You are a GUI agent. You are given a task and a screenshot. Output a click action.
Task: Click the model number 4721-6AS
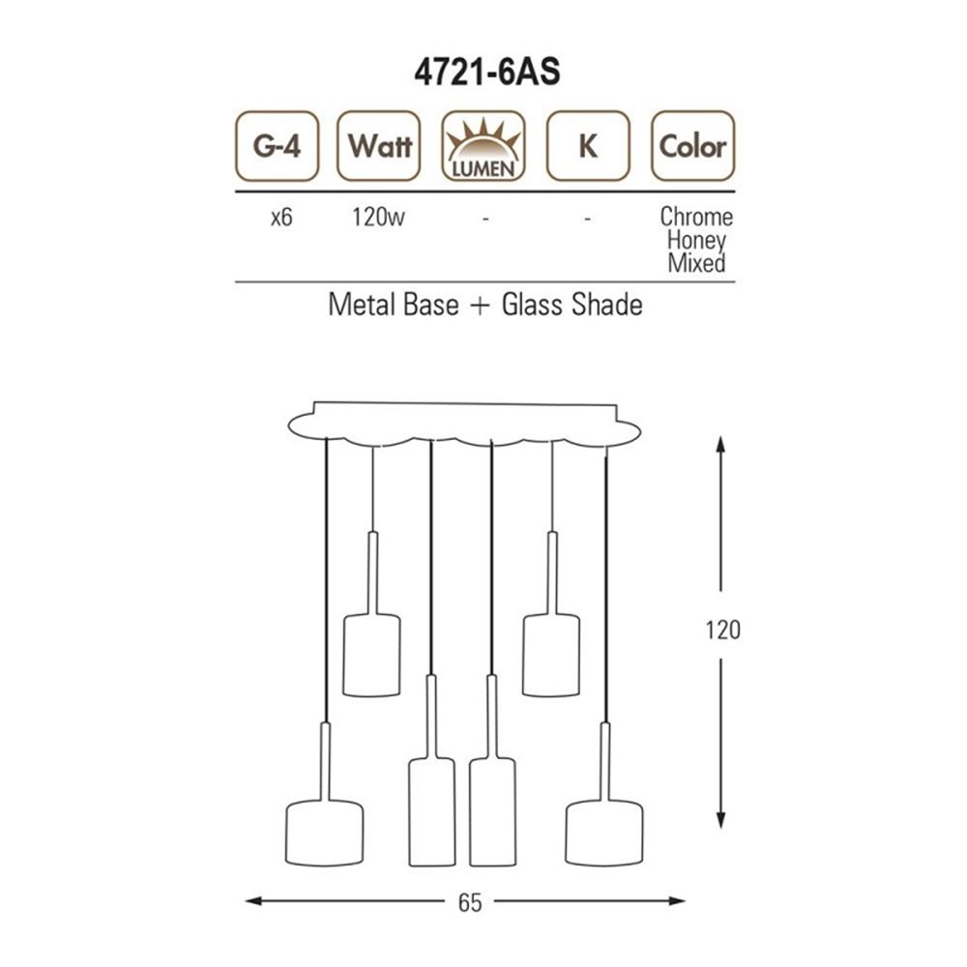coord(486,73)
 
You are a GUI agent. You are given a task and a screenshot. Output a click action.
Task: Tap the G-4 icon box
coord(277,146)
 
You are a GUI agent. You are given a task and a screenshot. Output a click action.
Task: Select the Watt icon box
coord(379,146)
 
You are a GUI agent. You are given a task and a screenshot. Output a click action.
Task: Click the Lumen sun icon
coord(483,146)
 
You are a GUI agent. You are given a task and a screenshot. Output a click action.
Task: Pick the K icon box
coord(588,146)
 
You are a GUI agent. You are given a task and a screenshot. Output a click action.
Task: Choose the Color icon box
coord(693,146)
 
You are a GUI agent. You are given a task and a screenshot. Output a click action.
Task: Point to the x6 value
coord(281,218)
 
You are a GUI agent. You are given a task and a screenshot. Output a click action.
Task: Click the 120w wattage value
coord(378,217)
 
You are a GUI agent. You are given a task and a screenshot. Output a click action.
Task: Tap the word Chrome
coord(696,217)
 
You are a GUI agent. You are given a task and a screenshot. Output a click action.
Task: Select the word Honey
coord(696,241)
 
